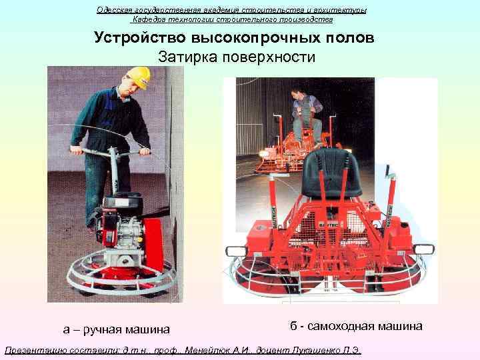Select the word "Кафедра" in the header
[152, 19]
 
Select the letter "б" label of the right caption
[294, 326]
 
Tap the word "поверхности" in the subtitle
[273, 57]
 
